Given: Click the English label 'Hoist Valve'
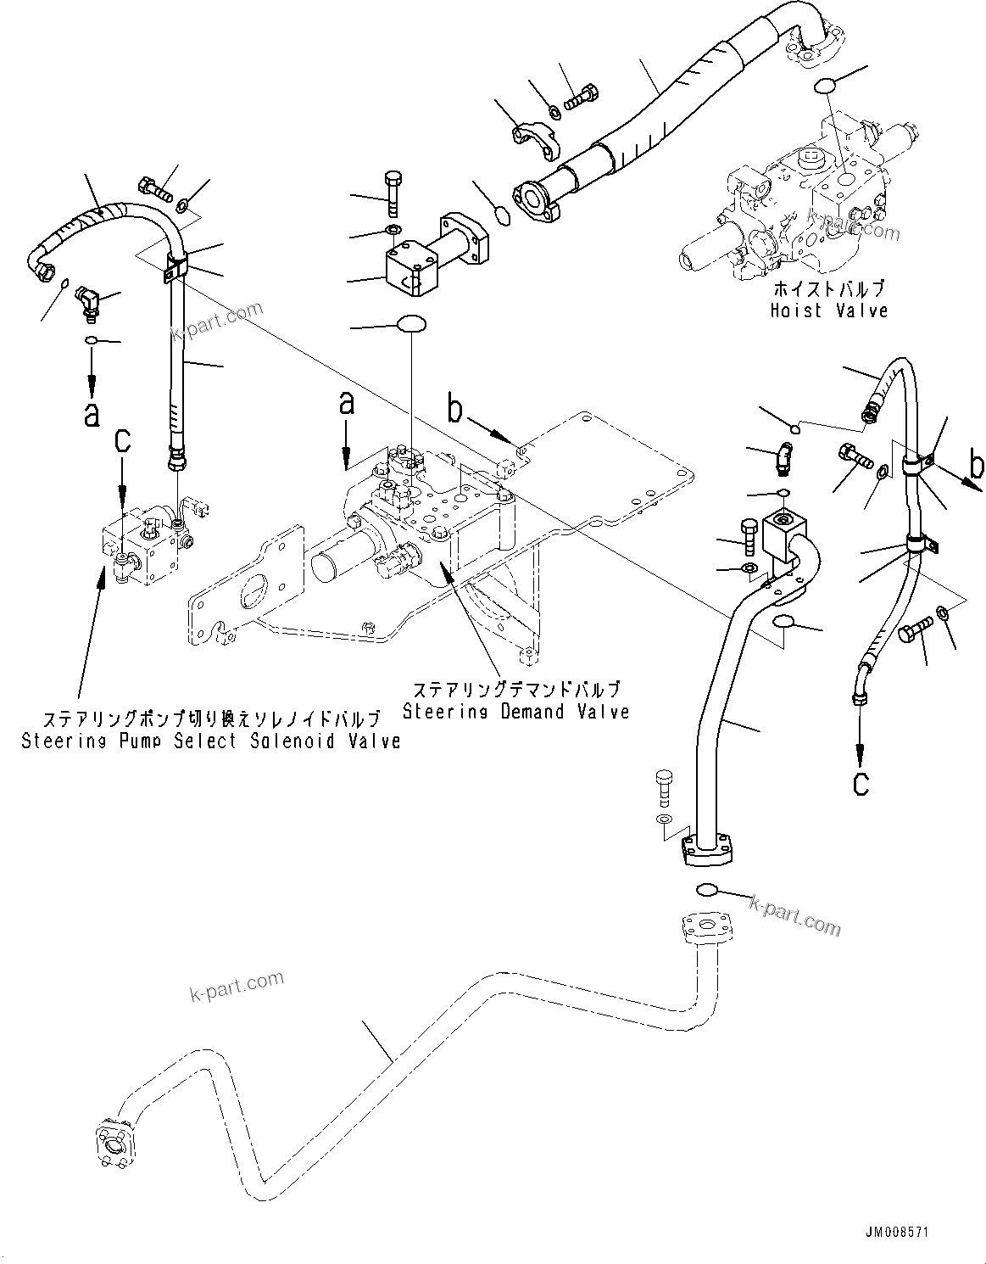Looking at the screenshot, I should click(x=828, y=310).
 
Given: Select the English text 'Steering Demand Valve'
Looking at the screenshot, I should click(x=515, y=711).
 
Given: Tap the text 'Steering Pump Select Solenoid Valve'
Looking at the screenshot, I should click(x=210, y=741).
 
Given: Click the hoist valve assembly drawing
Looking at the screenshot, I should click(x=805, y=208).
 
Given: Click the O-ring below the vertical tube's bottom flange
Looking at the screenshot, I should click(x=707, y=889).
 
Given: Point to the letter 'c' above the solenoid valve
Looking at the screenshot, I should click(x=123, y=440).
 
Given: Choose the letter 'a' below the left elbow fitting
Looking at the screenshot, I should click(x=92, y=413).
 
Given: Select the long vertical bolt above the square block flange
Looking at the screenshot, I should click(x=393, y=193).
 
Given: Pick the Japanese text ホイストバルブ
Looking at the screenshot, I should click(x=828, y=288).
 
